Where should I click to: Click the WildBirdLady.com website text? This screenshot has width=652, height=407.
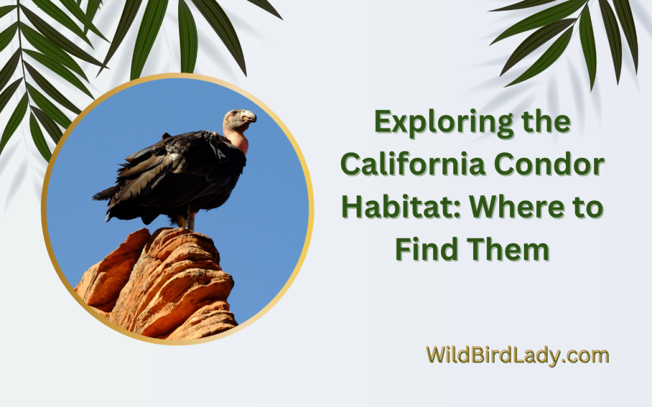(x=517, y=355)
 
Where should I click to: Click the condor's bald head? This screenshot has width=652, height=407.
(x=237, y=118)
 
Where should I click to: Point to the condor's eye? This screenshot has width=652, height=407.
(x=240, y=115)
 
